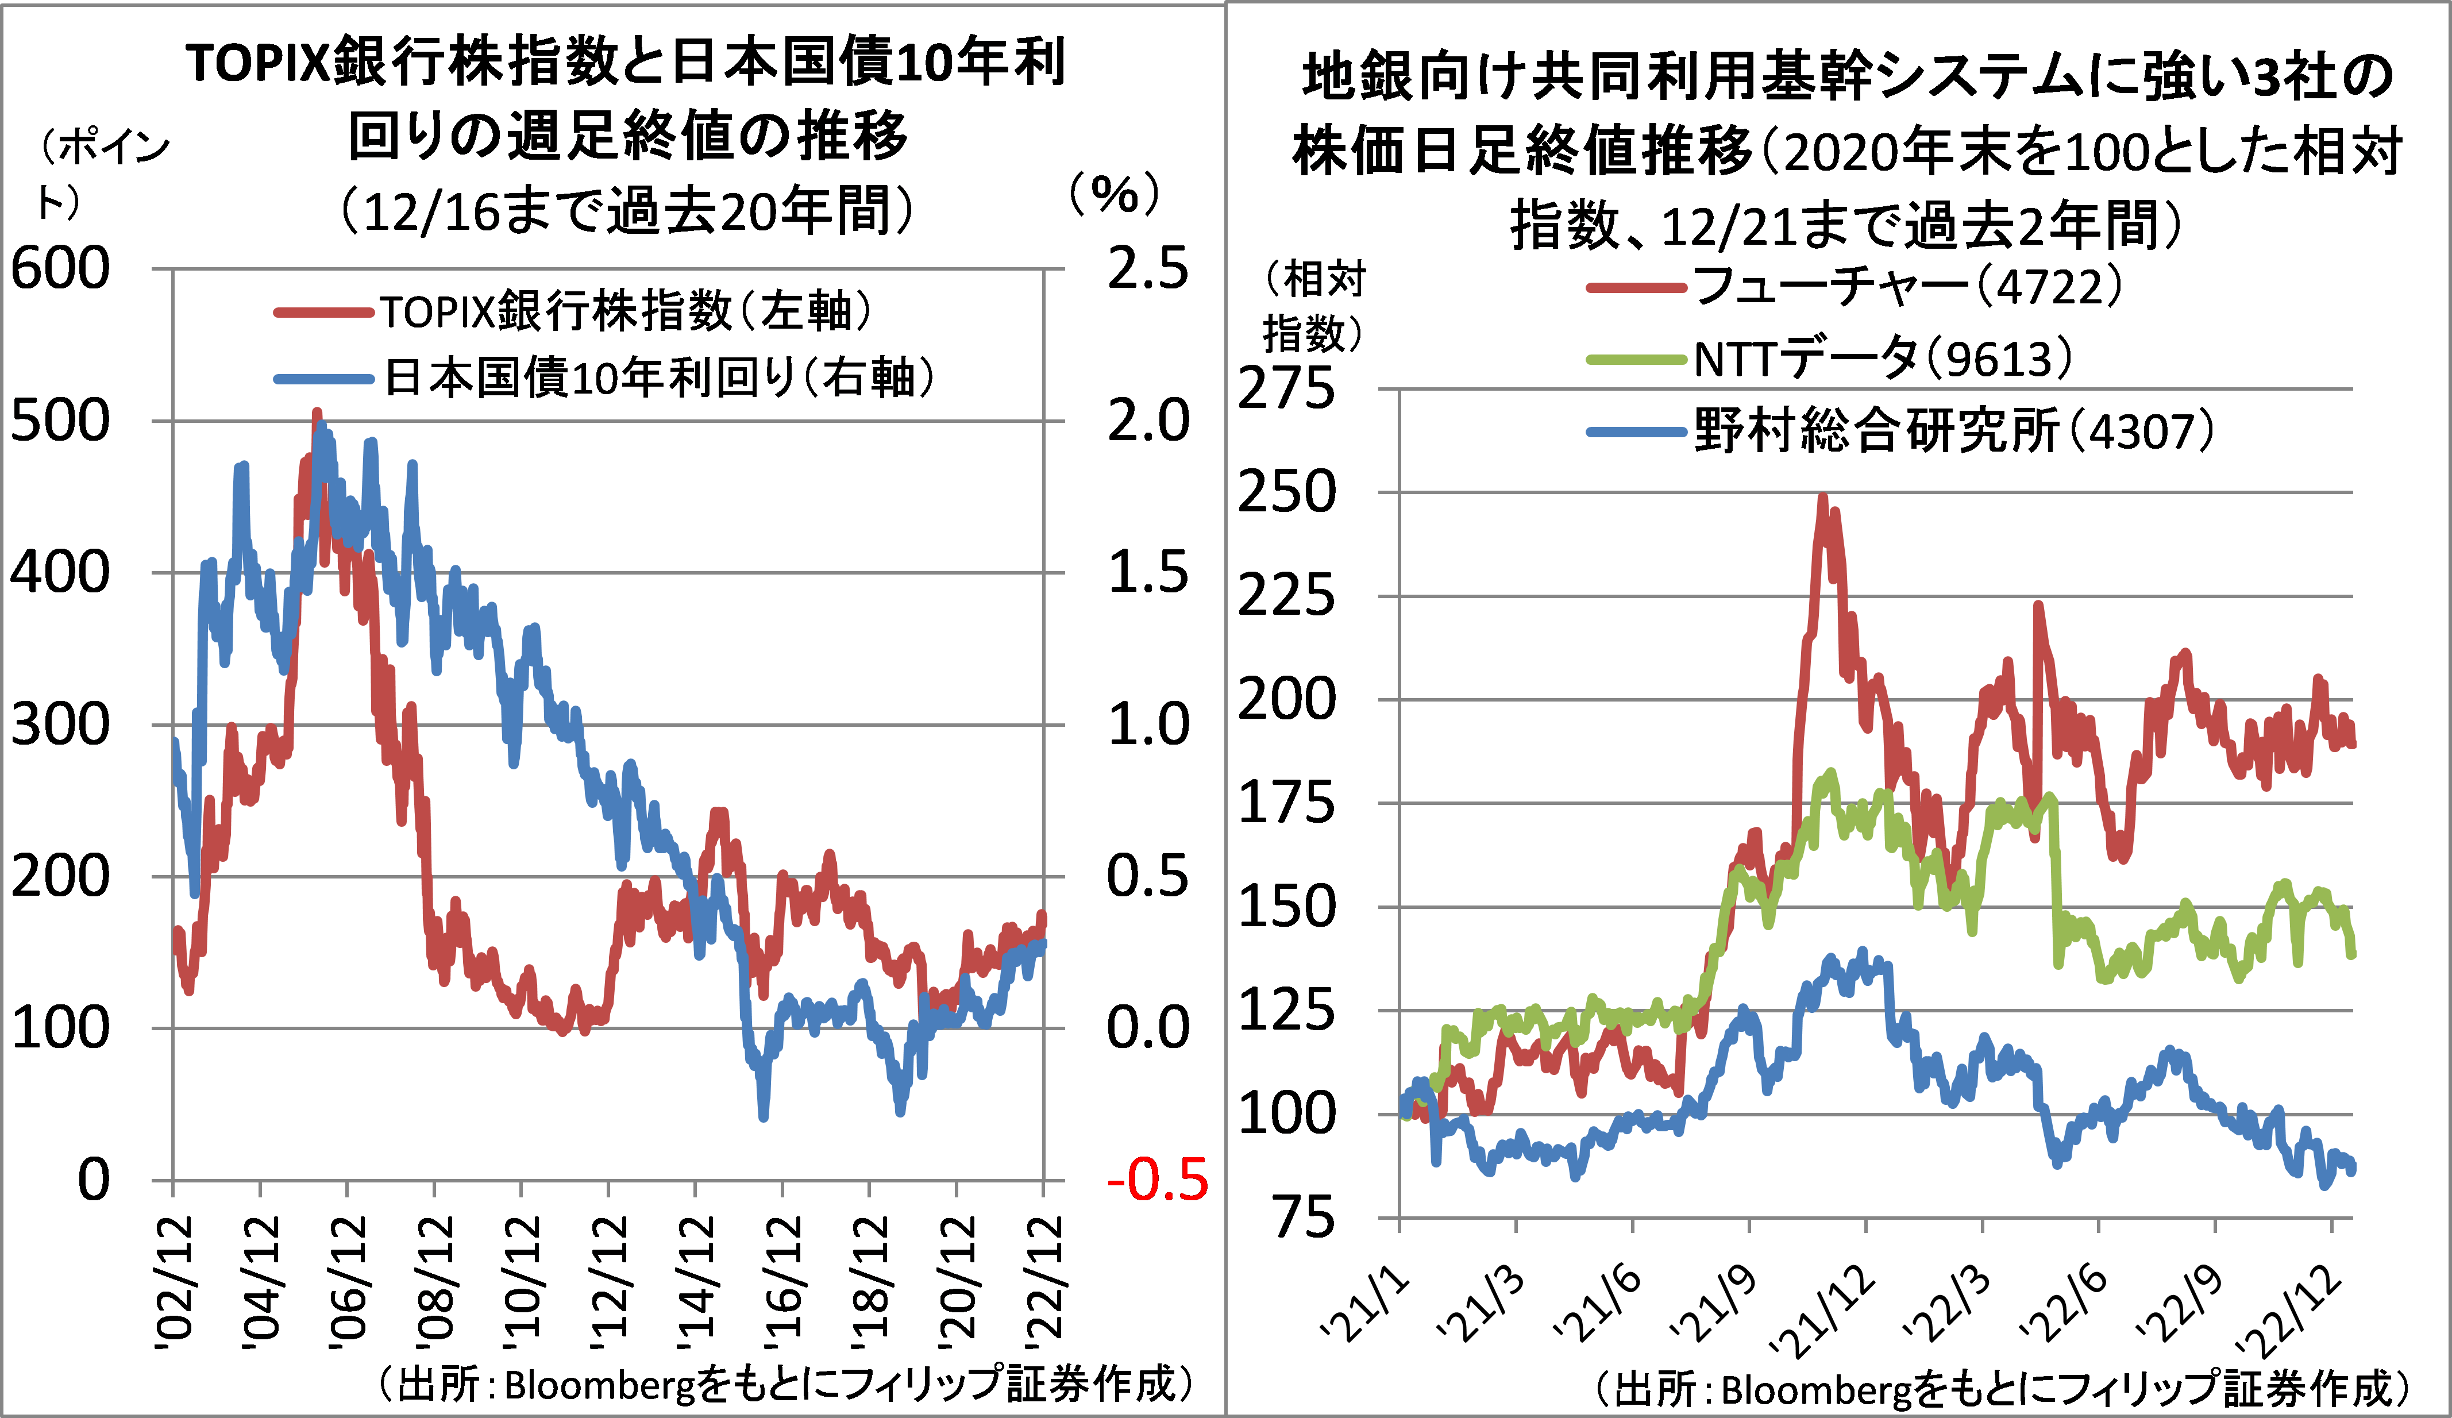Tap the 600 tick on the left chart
pos(60,269)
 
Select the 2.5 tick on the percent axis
pos(1148,269)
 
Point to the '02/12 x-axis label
pos(175,1283)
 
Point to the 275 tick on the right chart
pos(1286,390)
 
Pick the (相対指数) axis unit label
pos(1313,307)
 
